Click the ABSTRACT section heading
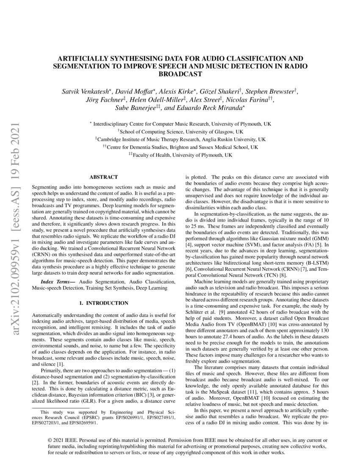(104, 177)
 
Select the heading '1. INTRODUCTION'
(104, 303)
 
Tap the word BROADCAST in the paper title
(180, 73)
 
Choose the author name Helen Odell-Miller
(163, 100)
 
